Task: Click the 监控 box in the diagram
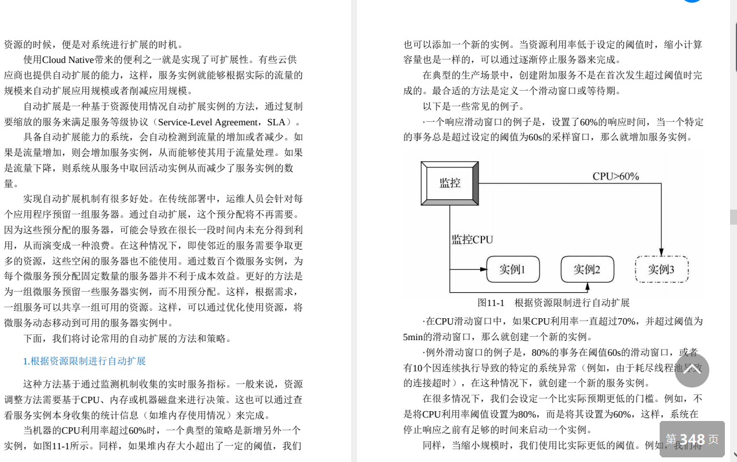click(x=450, y=183)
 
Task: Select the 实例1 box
click(x=512, y=269)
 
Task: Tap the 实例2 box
click(x=587, y=269)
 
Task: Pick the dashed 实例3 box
click(x=661, y=269)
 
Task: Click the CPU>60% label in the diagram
click(x=616, y=176)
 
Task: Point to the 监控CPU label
click(x=472, y=239)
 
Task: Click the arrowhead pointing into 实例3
click(x=661, y=252)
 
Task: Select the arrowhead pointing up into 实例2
click(x=588, y=286)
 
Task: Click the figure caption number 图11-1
click(x=491, y=303)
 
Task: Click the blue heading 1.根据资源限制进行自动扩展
click(x=84, y=361)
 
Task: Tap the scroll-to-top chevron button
click(x=691, y=370)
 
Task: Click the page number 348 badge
click(x=691, y=439)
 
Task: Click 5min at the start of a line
click(x=413, y=337)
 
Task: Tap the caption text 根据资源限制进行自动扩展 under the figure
click(x=572, y=303)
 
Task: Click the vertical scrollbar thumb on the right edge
click(x=733, y=217)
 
